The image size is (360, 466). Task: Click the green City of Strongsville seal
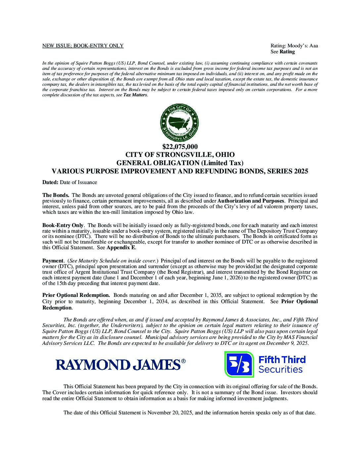[180, 122]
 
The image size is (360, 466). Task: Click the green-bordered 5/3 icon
[239, 364]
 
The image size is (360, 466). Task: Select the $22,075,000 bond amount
[180, 147]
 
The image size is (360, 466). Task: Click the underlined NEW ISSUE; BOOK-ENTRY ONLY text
[83, 46]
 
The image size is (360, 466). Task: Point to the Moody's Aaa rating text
[294, 46]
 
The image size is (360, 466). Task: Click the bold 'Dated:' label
[50, 182]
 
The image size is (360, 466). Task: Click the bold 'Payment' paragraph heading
[53, 261]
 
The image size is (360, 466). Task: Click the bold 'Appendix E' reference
[121, 248]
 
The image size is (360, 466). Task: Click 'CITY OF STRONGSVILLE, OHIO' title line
[180, 155]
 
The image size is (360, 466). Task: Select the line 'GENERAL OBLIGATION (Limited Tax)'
[180, 163]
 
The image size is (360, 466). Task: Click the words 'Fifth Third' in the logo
[282, 360]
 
